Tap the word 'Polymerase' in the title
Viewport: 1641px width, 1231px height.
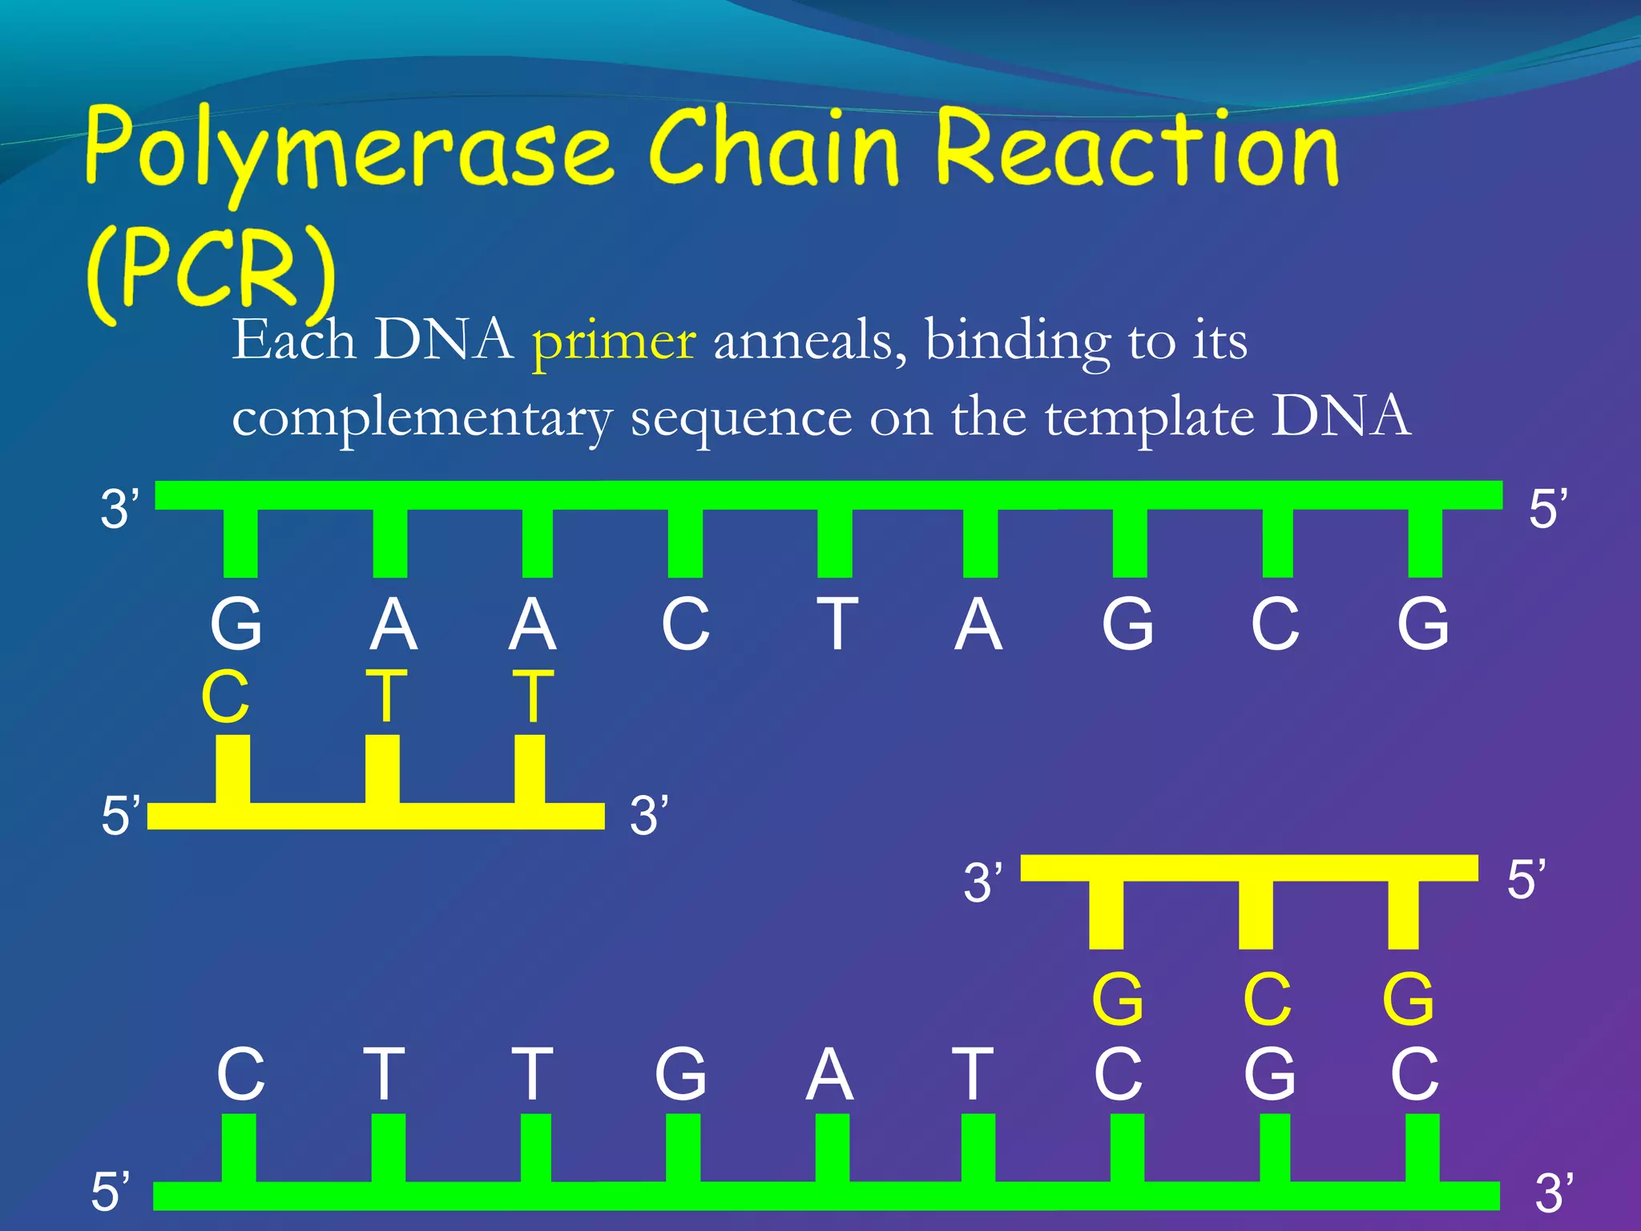point(349,148)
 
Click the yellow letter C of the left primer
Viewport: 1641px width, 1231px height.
point(225,697)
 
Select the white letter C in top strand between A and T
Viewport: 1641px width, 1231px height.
point(686,624)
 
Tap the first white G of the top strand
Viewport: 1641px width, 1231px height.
point(236,624)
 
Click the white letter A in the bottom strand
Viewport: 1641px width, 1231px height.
point(829,1075)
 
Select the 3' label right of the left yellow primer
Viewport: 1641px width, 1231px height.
point(648,816)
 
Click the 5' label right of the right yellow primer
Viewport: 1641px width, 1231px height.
point(1526,879)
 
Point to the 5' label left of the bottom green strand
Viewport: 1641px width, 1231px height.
point(110,1191)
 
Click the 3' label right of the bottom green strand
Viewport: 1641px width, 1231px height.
point(1554,1192)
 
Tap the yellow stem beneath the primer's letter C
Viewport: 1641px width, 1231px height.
point(232,769)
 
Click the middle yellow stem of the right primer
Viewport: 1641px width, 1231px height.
point(1256,914)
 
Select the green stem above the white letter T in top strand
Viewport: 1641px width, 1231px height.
point(835,543)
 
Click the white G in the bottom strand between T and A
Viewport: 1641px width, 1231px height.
point(681,1075)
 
